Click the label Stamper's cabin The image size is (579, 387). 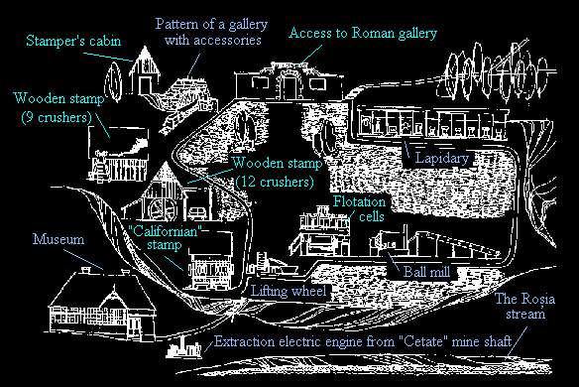coord(73,41)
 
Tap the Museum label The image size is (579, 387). coord(58,239)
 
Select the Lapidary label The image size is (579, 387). coord(442,158)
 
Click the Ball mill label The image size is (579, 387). coord(427,272)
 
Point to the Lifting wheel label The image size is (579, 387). coord(289,291)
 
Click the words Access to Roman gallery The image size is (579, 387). coord(363,34)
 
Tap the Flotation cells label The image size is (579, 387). coord(359,208)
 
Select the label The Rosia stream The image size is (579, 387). coord(524,306)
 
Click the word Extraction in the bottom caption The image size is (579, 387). coord(245,341)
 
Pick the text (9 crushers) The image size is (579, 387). coord(57,117)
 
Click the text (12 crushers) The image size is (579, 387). coord(275,182)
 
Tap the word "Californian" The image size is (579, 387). coord(165,232)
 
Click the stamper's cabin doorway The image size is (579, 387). coord(145,85)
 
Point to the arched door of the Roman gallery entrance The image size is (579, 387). coord(289,86)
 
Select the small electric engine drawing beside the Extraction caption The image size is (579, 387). coord(183,348)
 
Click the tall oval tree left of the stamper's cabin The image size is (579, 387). coord(113,81)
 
